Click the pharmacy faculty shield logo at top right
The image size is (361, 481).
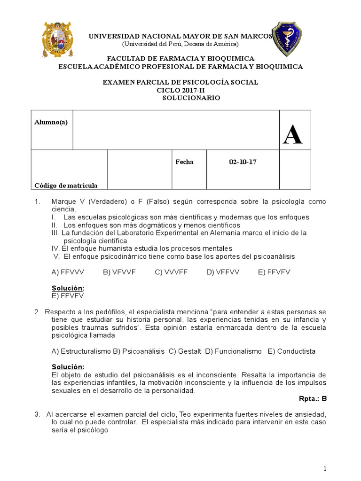287,38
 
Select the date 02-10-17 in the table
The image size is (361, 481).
243,162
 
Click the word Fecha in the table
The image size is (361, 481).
184,162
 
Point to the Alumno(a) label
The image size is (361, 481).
51,122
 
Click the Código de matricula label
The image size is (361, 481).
66,186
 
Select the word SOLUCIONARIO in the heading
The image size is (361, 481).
191,98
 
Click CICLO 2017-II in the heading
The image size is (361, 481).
180,90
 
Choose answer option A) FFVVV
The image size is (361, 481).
67,272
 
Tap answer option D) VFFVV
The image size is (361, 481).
223,272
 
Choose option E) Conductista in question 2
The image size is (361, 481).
291,351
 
